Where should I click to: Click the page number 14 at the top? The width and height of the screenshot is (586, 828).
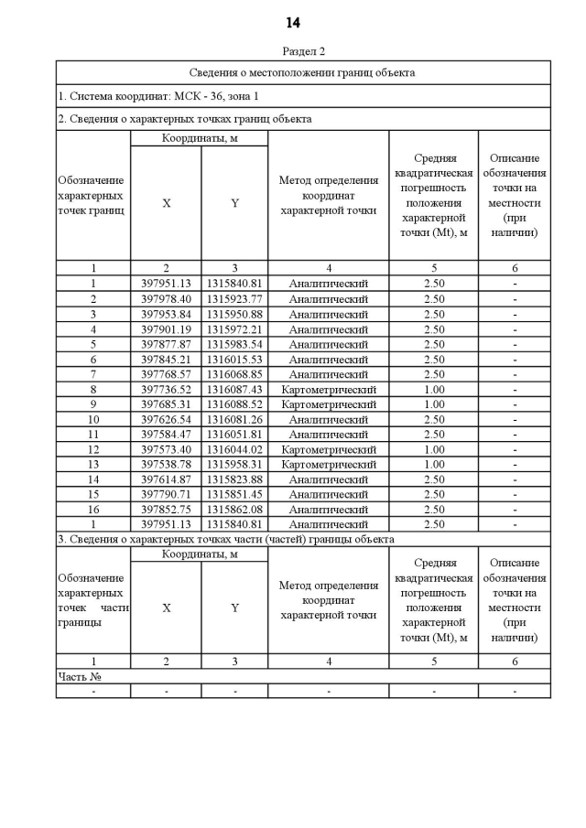click(292, 22)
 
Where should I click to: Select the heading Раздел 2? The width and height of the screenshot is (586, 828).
click(303, 51)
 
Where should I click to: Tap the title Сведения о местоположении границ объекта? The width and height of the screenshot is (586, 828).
click(303, 71)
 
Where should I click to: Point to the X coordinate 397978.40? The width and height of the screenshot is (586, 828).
click(166, 299)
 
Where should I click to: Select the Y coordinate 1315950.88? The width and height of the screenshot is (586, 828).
click(234, 314)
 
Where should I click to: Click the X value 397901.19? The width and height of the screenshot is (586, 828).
click(166, 329)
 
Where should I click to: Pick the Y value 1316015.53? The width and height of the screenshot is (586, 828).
click(234, 359)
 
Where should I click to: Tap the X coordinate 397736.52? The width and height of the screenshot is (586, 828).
click(166, 389)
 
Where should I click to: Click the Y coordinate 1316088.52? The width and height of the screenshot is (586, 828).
click(234, 404)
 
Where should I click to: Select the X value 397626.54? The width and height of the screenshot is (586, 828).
click(166, 419)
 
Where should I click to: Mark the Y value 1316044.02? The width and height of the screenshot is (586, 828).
click(234, 449)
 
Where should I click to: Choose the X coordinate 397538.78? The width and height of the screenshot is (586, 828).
click(166, 464)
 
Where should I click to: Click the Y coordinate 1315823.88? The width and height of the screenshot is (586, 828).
click(234, 479)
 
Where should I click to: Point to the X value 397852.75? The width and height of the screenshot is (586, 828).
click(166, 510)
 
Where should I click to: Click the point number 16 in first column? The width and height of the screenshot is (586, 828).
click(93, 510)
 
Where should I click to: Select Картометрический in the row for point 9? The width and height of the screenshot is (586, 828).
click(328, 404)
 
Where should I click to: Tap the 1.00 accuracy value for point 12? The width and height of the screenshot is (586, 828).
click(434, 449)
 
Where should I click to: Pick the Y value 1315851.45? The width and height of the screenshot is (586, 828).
click(234, 494)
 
